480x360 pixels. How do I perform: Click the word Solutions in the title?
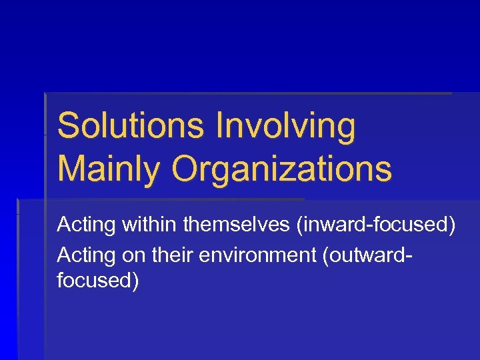[x=131, y=127]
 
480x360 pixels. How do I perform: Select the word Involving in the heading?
[x=286, y=127]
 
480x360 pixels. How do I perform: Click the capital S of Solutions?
[x=67, y=127]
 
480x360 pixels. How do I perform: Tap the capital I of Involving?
[x=220, y=127]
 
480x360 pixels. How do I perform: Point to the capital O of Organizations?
[x=187, y=169]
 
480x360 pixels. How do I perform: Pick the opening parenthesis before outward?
[x=325, y=255]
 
